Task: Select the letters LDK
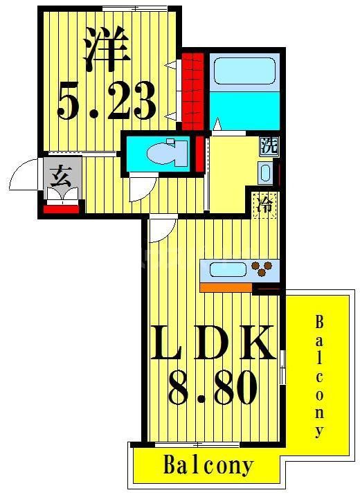tap(213, 343)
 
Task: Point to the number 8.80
tap(211, 388)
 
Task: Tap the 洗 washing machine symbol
tap(268, 146)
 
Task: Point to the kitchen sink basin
tap(223, 269)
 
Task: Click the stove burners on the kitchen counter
tap(263, 269)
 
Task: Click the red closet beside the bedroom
tap(194, 87)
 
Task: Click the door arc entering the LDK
tap(160, 228)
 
